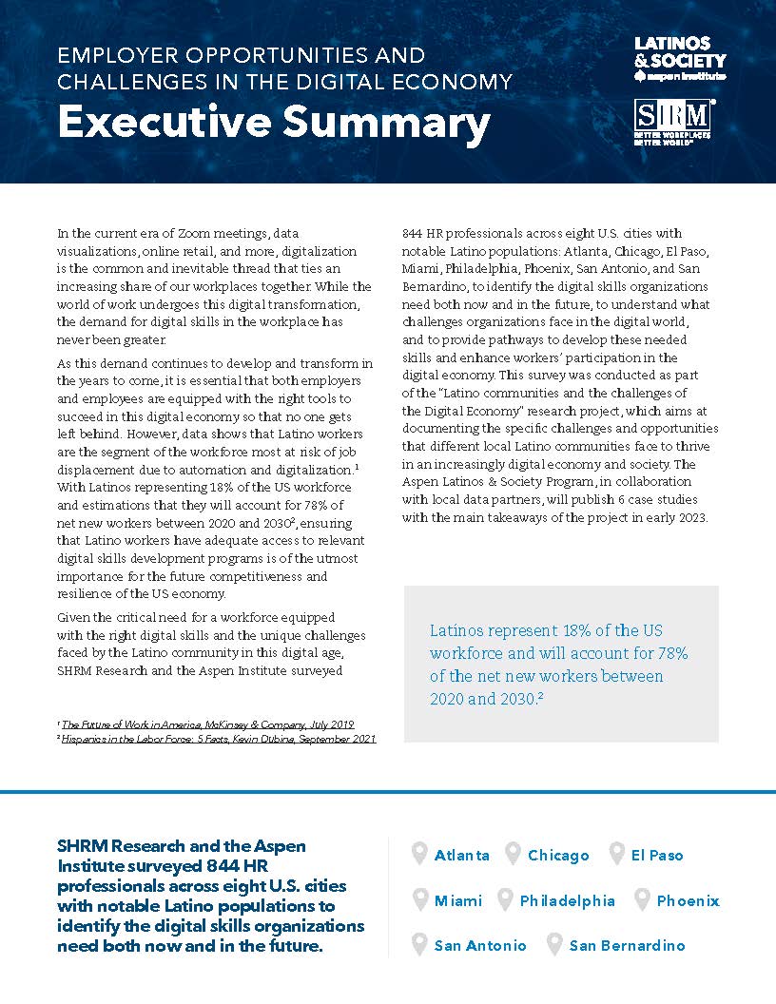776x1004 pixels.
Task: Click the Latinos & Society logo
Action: (679, 59)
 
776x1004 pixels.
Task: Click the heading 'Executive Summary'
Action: (274, 124)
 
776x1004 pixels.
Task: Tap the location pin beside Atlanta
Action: (419, 854)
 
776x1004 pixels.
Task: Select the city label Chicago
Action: (558, 856)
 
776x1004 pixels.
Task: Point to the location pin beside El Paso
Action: (616, 854)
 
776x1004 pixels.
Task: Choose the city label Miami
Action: (458, 900)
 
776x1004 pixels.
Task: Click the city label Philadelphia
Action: (567, 900)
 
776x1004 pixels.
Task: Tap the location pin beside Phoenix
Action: (642, 899)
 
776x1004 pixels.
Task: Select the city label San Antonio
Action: (479, 945)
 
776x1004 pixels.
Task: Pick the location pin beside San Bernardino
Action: (554, 944)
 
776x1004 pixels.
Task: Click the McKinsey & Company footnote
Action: (207, 724)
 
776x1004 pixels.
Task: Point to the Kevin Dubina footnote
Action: (218, 739)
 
